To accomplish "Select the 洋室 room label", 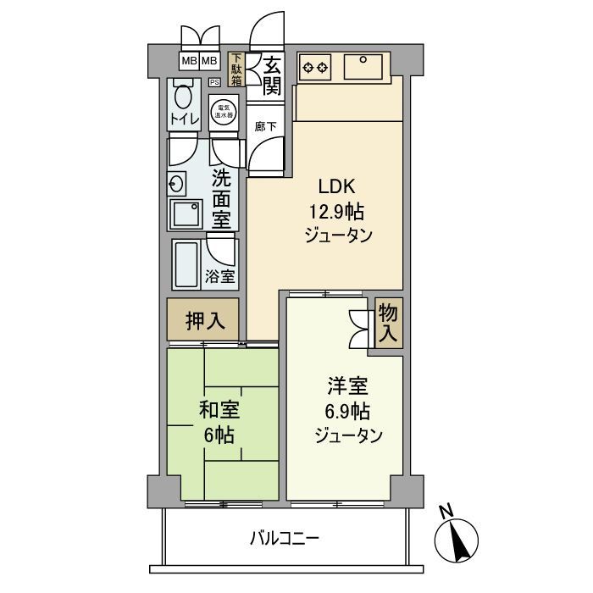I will (348, 388).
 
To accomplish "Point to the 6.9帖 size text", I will (347, 413).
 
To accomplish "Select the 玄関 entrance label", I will (271, 75).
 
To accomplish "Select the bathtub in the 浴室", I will (186, 263).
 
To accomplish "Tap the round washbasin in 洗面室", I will (178, 182).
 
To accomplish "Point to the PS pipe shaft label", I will (214, 82).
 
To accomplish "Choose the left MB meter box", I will (189, 61).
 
